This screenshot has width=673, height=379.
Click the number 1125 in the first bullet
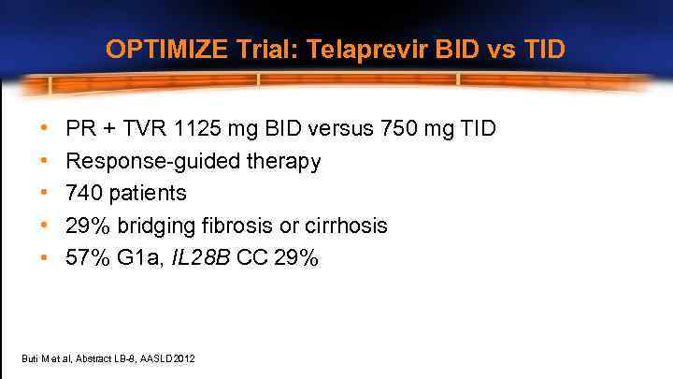[193, 127]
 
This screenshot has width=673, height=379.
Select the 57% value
[88, 258]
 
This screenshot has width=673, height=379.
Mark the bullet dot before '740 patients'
[44, 194]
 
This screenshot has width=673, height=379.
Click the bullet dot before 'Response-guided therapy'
[44, 161]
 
